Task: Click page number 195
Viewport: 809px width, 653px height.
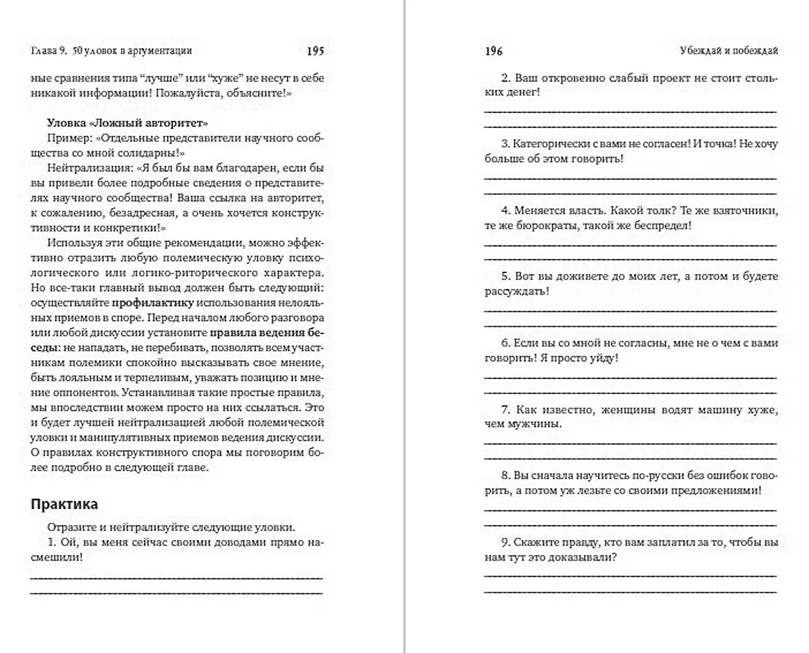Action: [x=315, y=51]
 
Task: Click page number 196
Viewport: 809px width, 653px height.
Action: [x=493, y=52]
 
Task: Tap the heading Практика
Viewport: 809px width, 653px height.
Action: [x=64, y=505]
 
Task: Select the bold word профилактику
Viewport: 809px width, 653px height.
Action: [x=153, y=303]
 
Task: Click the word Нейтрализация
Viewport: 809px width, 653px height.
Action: [x=84, y=168]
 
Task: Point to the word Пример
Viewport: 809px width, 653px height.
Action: [x=69, y=138]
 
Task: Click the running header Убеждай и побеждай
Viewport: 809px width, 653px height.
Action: [x=729, y=50]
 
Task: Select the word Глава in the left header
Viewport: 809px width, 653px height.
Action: [x=44, y=51]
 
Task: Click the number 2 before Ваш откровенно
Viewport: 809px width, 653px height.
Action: [x=505, y=78]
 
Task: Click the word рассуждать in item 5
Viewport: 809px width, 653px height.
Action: [x=515, y=291]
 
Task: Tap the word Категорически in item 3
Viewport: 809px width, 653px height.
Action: [x=549, y=144]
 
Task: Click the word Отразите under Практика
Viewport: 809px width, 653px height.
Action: [x=69, y=527]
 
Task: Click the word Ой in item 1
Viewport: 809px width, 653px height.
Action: [x=68, y=542]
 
